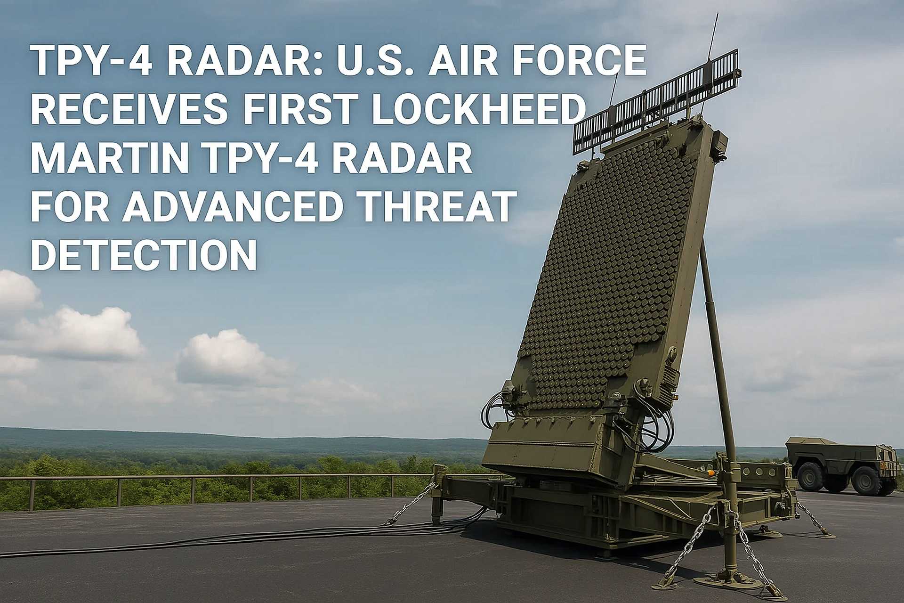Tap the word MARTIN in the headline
tap(110, 158)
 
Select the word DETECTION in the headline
tap(144, 254)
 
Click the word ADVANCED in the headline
tap(229, 206)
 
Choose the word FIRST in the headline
tap(298, 110)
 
